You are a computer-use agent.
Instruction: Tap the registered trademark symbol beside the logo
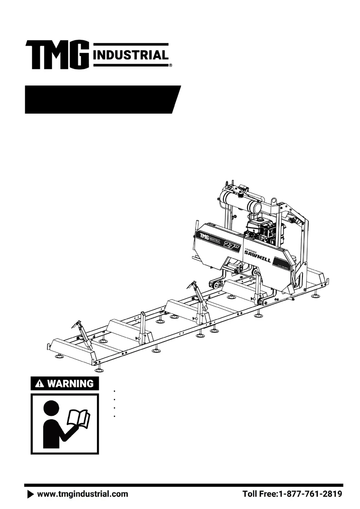click(171, 65)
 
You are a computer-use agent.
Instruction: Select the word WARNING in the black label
click(70, 383)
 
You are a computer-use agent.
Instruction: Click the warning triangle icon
click(40, 384)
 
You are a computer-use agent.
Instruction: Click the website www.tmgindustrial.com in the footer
click(83, 494)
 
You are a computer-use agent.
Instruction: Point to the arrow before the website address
click(31, 494)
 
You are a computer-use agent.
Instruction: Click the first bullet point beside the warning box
click(115, 391)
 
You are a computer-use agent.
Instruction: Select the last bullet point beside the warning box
click(115, 416)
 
